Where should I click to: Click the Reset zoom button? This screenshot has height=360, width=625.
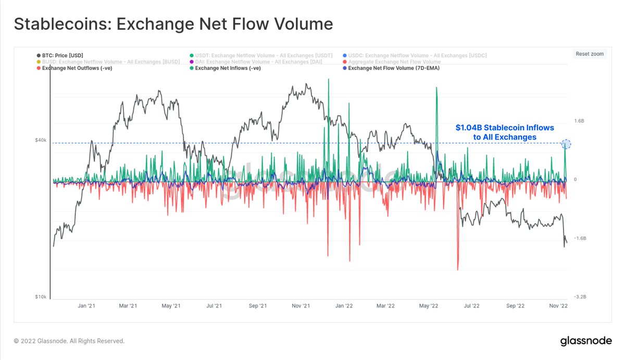coord(590,54)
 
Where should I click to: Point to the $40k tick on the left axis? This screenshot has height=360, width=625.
coord(40,140)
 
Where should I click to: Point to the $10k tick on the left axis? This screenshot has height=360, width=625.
coord(40,296)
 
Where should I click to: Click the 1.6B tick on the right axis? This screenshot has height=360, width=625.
coord(579,121)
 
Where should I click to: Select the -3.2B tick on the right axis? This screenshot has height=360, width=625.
coord(579,296)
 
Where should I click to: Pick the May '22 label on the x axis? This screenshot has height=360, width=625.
coord(429,306)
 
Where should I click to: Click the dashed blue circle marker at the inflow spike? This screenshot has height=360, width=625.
coord(567,144)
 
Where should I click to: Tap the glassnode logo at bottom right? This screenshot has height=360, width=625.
coord(585,341)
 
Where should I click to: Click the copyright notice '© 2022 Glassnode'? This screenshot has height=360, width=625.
coord(69,341)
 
